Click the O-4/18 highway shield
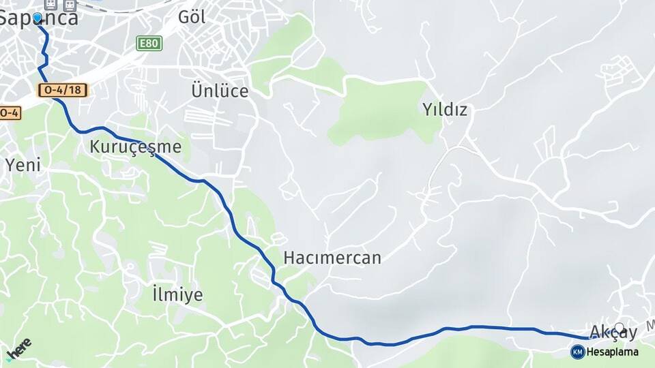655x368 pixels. (x=63, y=90)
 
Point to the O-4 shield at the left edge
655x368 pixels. (x=9, y=112)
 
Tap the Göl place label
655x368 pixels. (x=192, y=18)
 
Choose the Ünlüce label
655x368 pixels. (x=220, y=91)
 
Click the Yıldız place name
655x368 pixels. (x=445, y=109)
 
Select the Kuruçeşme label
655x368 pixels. (x=135, y=147)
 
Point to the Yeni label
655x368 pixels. (x=23, y=164)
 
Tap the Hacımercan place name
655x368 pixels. (x=332, y=258)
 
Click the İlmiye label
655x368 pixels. (x=177, y=294)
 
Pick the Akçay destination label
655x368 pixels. (x=613, y=333)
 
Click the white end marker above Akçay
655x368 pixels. (x=619, y=326)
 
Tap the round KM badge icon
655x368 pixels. (x=577, y=352)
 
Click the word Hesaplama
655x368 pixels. (x=613, y=352)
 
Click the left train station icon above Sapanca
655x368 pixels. (x=50, y=5)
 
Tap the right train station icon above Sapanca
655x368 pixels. (x=69, y=5)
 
